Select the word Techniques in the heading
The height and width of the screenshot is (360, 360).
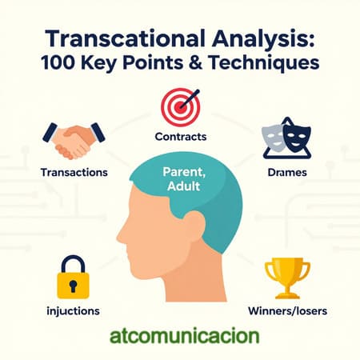[x=264, y=65]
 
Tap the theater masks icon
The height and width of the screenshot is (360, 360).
[x=286, y=137]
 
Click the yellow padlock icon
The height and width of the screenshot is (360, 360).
[x=72, y=276]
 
